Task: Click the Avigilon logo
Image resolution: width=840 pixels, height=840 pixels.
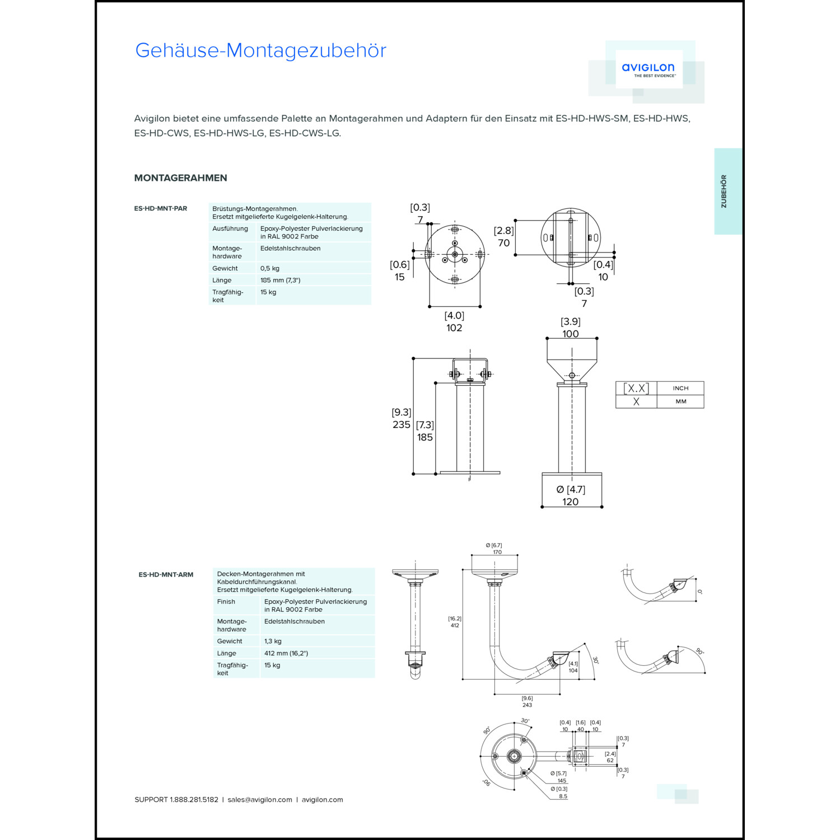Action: [648, 69]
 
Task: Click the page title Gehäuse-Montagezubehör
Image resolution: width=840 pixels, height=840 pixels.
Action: [260, 50]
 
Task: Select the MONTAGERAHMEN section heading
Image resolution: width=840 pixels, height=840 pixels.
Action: [180, 178]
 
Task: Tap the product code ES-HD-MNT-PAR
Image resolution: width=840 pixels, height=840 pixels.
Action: [161, 208]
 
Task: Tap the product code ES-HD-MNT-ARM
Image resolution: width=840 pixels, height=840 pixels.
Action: [166, 575]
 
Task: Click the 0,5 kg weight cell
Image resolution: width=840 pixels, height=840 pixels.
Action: [270, 268]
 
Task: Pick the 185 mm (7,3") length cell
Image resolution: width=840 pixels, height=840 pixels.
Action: [280, 280]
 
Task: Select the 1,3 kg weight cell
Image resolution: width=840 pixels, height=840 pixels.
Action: [273, 641]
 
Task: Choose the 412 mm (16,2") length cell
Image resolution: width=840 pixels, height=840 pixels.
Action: [286, 653]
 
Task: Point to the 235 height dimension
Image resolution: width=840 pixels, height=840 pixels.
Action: [401, 424]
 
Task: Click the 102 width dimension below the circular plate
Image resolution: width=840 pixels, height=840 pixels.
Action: [454, 328]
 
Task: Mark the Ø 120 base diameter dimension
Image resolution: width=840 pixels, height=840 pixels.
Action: [571, 501]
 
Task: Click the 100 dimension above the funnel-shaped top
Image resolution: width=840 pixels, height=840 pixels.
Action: [571, 334]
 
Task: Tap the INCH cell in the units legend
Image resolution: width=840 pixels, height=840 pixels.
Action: [680, 388]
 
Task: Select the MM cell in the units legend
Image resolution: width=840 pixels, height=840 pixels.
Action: [680, 402]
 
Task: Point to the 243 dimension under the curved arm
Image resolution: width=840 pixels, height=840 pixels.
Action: [527, 705]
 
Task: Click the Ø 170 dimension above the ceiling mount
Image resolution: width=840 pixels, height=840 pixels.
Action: [497, 552]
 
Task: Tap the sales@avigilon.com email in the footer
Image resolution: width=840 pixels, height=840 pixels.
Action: [260, 800]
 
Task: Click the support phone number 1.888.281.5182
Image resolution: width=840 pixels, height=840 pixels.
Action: [194, 800]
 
